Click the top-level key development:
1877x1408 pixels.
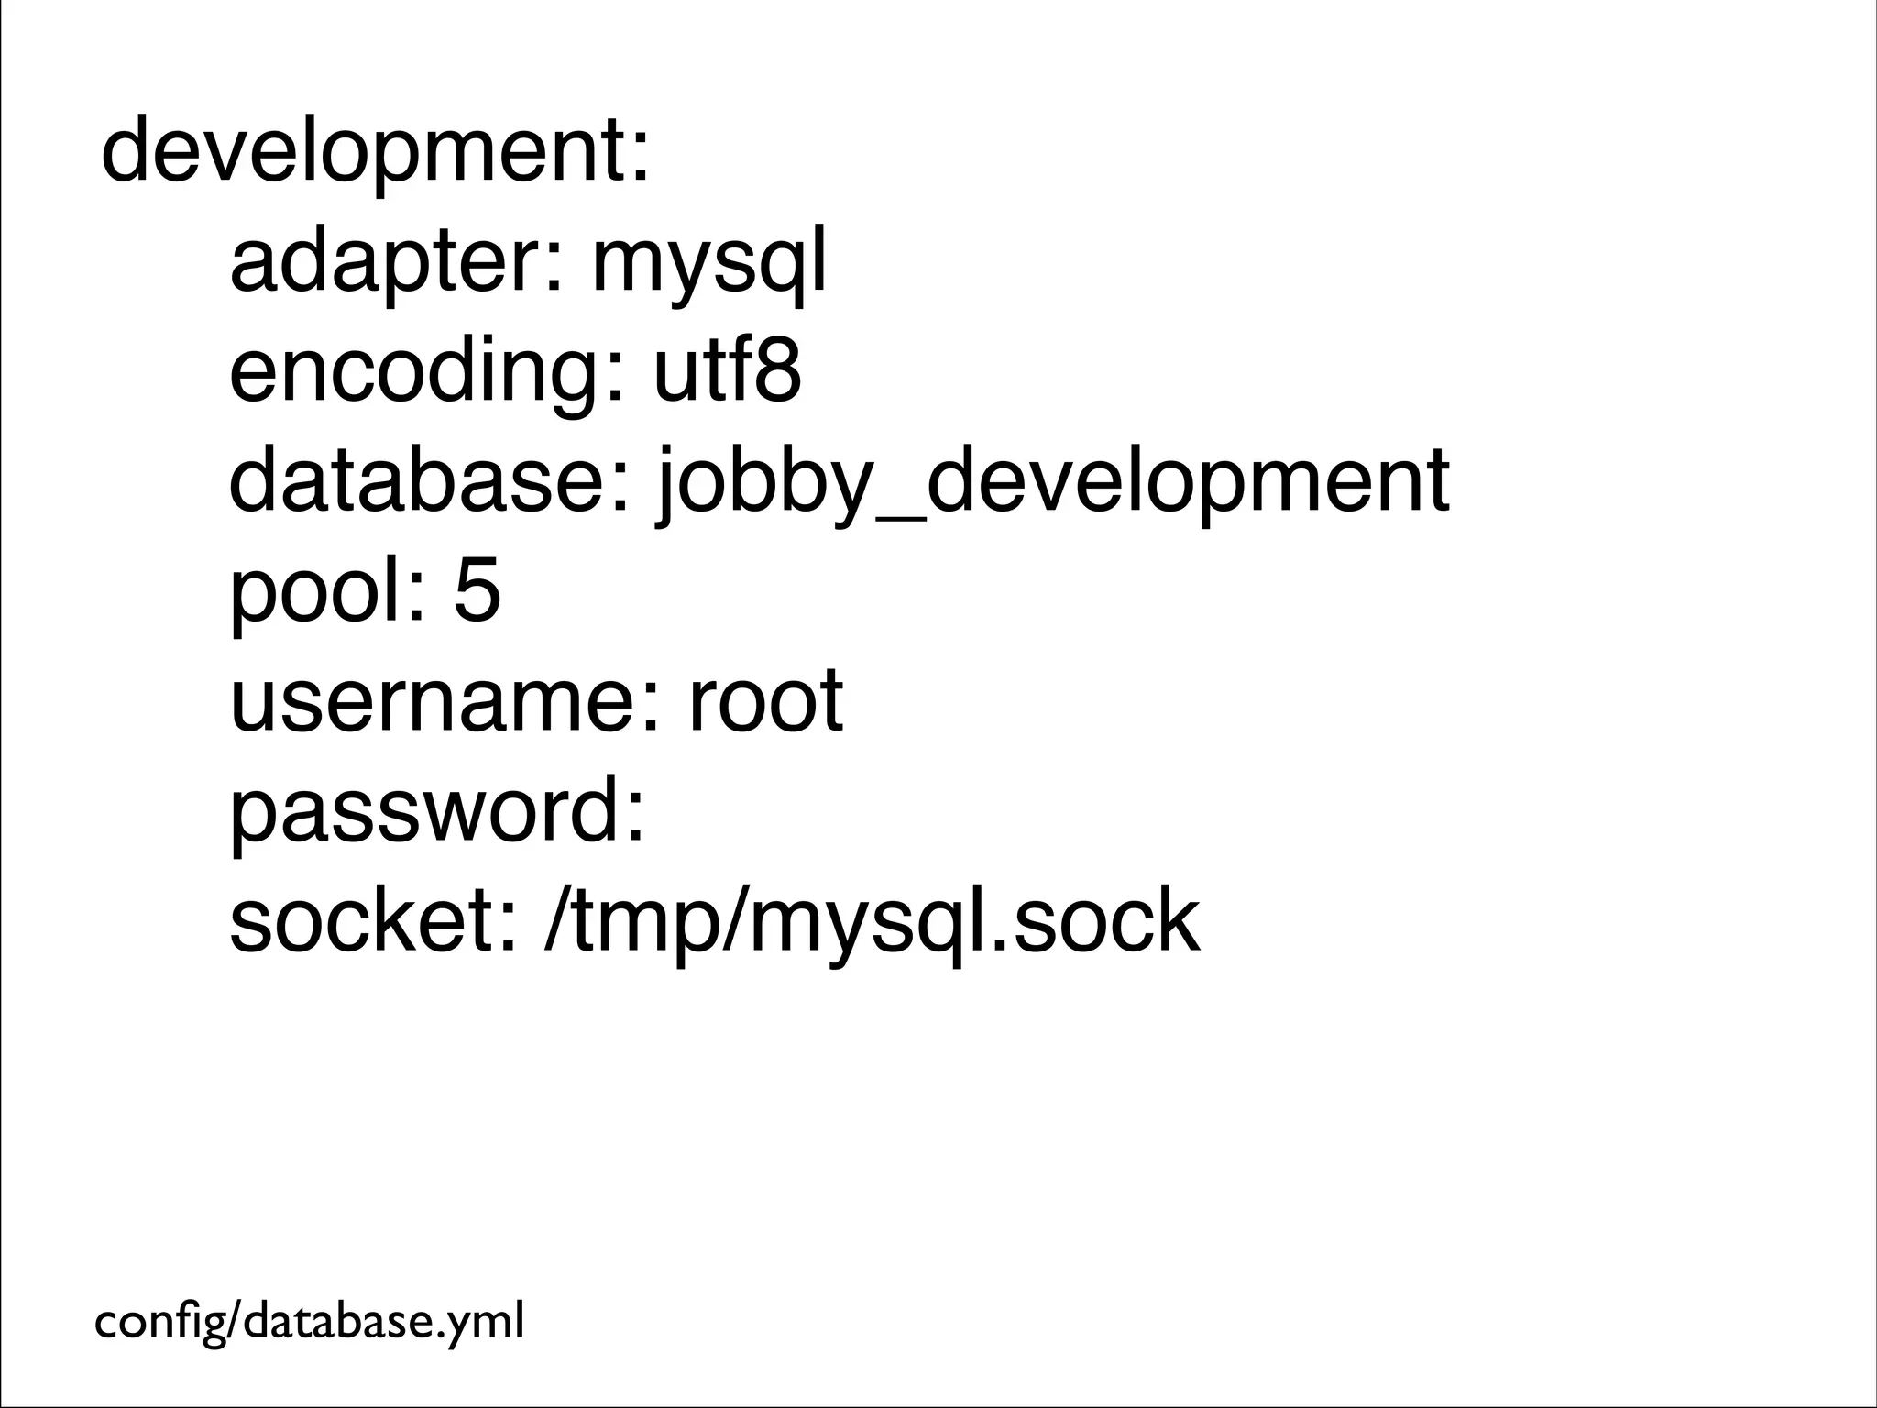376,153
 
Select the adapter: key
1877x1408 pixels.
395,262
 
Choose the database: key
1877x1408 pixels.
430,480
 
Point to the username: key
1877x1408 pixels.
445,700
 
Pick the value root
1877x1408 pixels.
765,700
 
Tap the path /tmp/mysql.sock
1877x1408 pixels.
871,921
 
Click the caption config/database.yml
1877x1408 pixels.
310,1322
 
